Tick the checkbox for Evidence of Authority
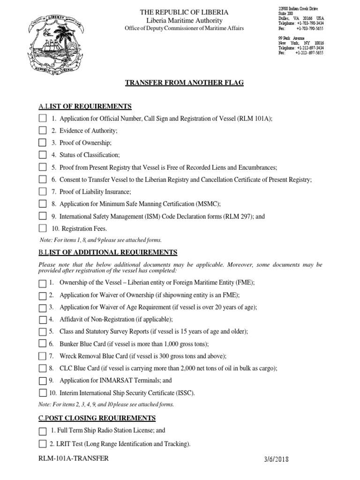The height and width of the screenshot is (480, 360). click(x=43, y=130)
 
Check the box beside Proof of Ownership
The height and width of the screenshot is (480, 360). click(x=43, y=142)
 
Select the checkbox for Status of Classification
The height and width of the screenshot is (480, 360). click(x=43, y=155)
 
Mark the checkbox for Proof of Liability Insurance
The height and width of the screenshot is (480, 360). click(x=43, y=191)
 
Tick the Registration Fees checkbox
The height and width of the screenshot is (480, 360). click(x=43, y=228)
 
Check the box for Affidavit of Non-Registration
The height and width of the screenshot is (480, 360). click(x=43, y=320)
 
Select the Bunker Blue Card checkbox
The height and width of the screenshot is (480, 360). click(x=43, y=344)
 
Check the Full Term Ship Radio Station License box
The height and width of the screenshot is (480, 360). click(x=43, y=431)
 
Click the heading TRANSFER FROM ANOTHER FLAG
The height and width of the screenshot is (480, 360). click(x=184, y=82)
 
